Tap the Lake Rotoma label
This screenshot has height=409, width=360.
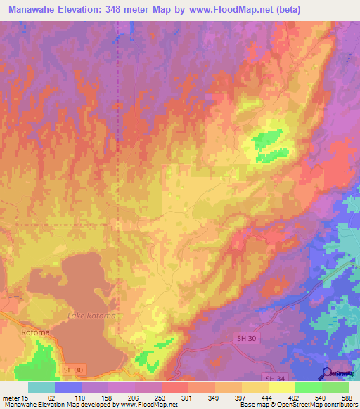(x=91, y=316)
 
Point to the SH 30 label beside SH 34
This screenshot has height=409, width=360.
(x=243, y=338)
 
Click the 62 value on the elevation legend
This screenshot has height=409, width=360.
(x=51, y=398)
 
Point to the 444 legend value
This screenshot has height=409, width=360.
(x=267, y=398)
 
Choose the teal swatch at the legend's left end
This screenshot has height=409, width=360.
(x=41, y=387)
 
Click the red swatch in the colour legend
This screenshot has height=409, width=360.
(x=174, y=387)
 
